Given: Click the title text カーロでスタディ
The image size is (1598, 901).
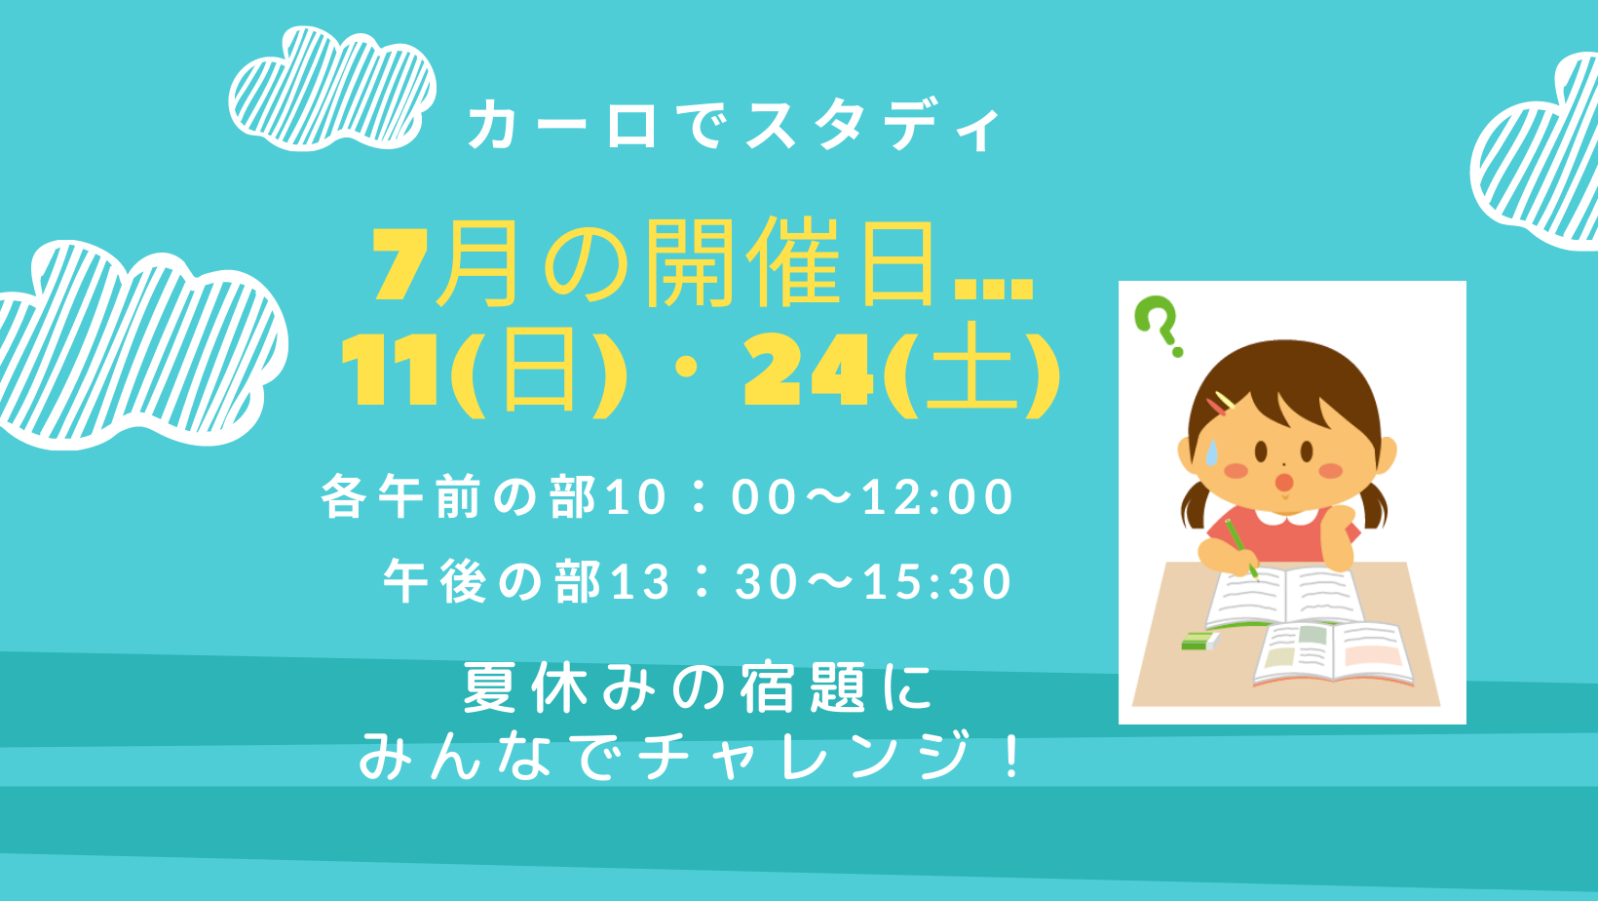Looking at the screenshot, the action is click(734, 127).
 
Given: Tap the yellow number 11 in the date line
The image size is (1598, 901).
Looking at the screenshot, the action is click(390, 372).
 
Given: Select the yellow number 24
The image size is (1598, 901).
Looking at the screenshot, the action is click(808, 372).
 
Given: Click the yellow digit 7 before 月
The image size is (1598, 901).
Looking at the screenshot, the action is click(400, 265).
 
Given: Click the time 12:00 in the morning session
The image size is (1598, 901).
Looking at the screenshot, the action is click(937, 497).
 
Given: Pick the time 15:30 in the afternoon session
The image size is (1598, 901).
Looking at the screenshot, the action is click(937, 581).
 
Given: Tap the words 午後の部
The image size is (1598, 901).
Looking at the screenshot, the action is click(492, 581).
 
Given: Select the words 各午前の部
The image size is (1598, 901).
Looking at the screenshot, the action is click(458, 497).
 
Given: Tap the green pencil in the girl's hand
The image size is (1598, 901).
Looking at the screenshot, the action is click(1241, 548).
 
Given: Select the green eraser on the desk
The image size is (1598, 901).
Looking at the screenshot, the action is click(1199, 641).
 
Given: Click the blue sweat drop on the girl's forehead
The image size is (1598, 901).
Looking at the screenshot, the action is click(1212, 452).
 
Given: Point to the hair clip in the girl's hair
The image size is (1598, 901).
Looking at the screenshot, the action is click(1221, 404).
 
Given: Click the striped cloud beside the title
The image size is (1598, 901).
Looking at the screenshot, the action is click(332, 89).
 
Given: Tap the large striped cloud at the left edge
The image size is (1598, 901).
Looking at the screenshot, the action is click(139, 345).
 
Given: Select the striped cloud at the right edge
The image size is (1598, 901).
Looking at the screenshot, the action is click(1538, 153).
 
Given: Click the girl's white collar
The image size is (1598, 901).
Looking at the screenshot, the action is click(1291, 516).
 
